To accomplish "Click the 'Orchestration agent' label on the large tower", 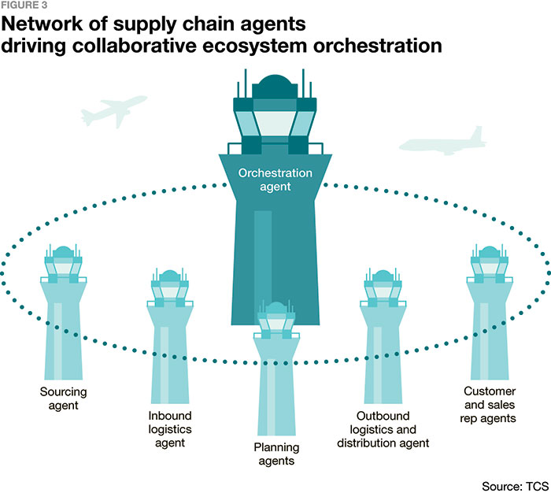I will (x=275, y=180).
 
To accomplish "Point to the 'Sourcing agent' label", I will (x=63, y=398).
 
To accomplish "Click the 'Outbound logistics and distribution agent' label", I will (x=383, y=428).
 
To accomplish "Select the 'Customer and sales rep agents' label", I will (x=490, y=403).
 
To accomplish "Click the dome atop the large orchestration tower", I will (x=275, y=86).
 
